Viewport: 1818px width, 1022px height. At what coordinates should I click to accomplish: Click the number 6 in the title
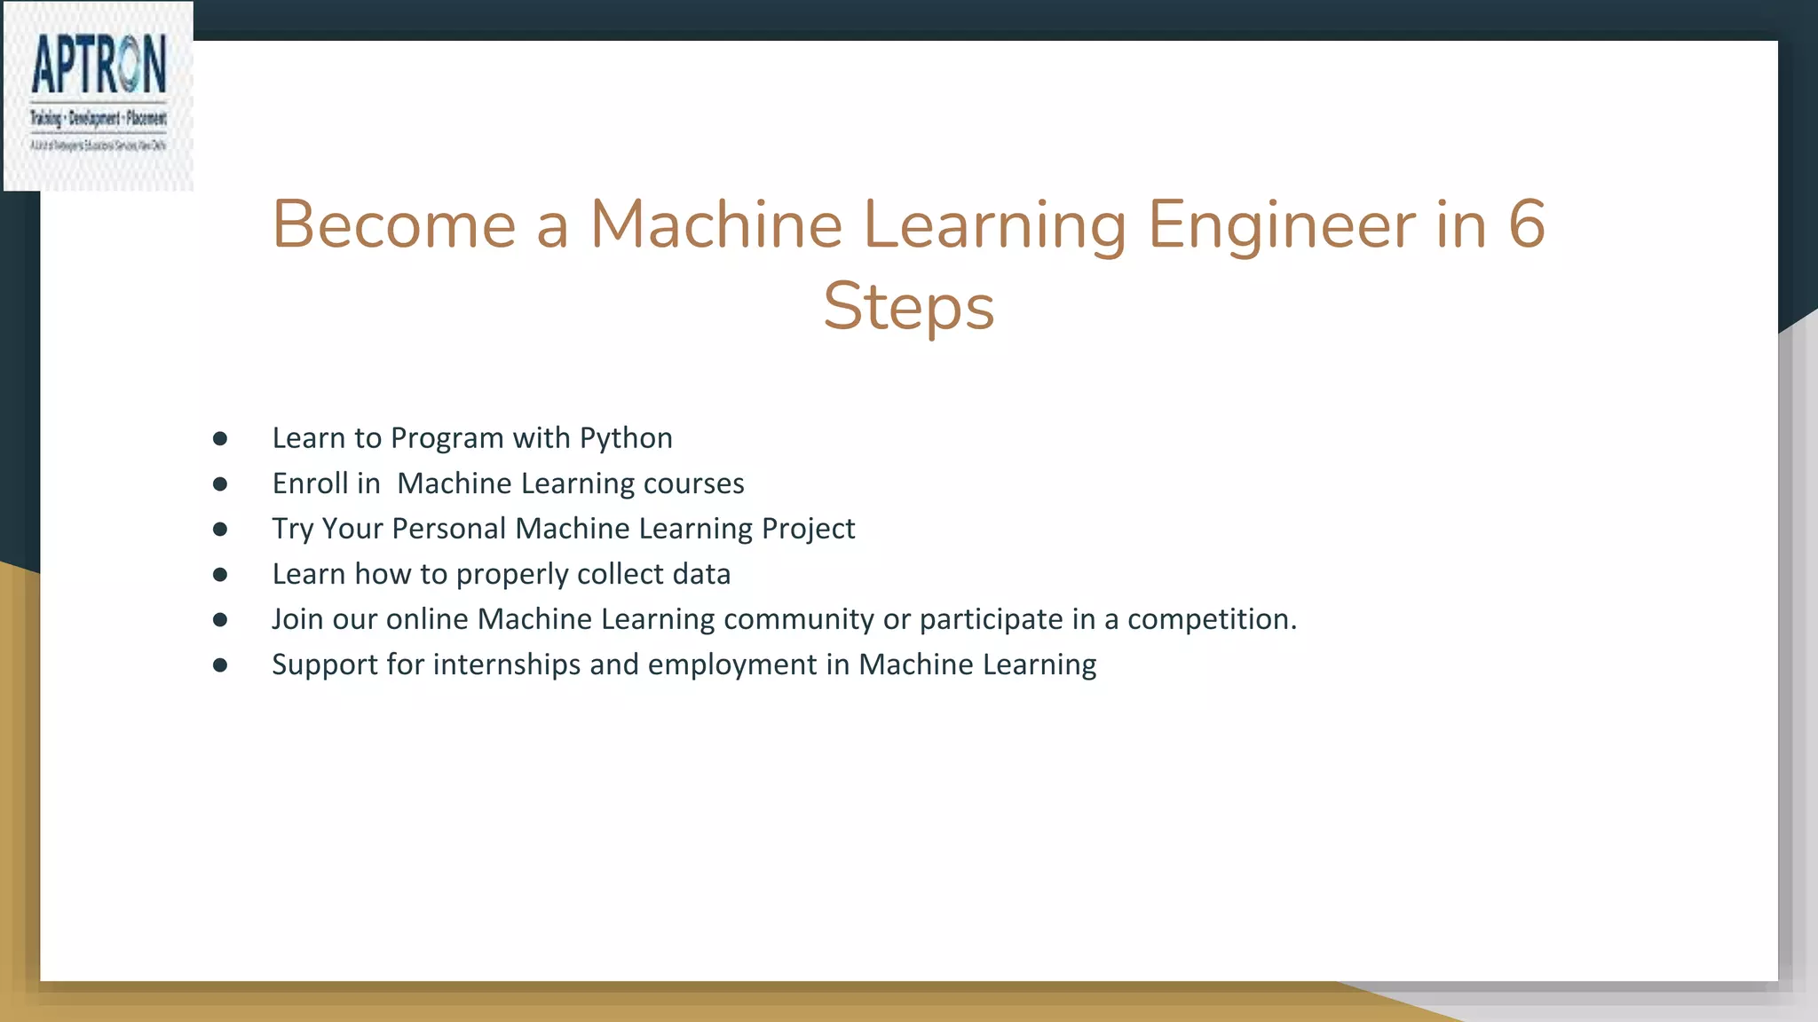pos(1527,224)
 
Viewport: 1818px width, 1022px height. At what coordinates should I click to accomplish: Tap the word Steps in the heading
pos(908,306)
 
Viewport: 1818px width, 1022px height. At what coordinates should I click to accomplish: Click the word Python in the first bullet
pos(626,438)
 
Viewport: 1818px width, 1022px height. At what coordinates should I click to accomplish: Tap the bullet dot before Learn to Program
pos(220,438)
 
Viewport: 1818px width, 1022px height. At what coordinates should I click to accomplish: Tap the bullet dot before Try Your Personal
pos(220,530)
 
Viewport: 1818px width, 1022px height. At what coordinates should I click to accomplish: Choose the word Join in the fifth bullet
pos(297,619)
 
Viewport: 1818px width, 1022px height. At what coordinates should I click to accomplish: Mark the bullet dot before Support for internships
pos(220,665)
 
